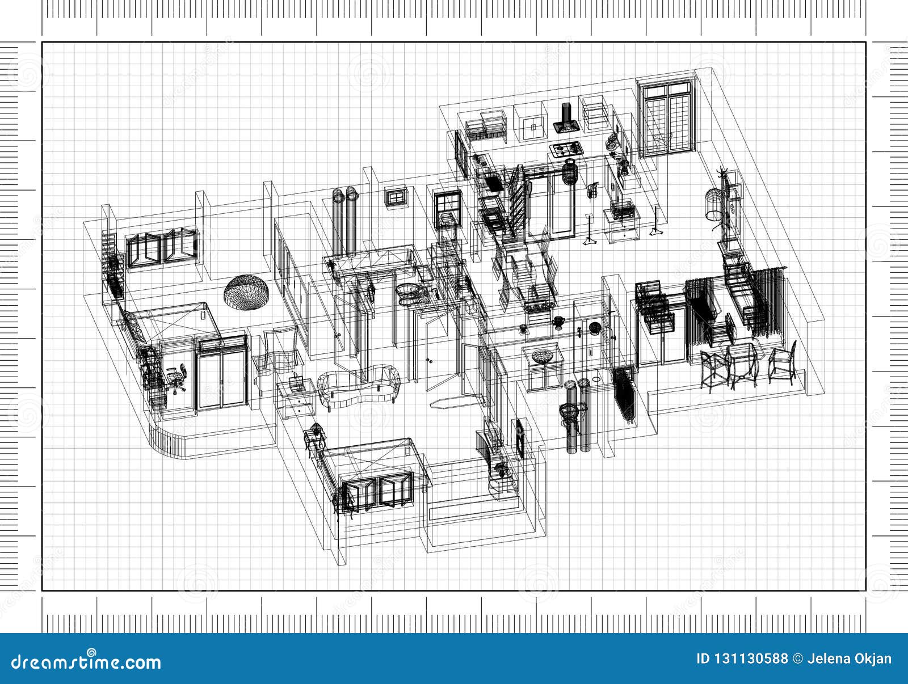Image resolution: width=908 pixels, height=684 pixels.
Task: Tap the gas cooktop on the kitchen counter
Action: [566, 149]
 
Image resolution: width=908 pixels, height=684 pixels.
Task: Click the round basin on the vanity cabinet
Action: [541, 356]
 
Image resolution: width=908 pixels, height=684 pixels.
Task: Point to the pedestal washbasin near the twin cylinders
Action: [567, 412]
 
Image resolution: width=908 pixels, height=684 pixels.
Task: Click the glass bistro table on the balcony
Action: [741, 363]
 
